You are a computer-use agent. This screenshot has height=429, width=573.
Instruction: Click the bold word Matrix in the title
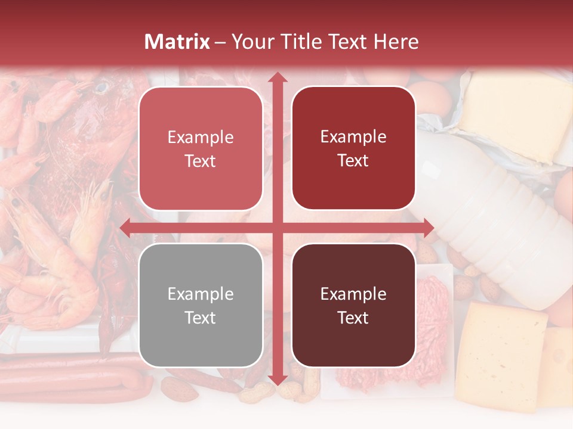pos(177,42)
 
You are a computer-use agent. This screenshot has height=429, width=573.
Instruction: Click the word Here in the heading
pos(396,42)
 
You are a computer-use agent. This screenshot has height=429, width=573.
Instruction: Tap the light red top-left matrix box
pos(201,148)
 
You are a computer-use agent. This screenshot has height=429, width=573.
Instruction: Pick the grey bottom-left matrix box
pos(201,305)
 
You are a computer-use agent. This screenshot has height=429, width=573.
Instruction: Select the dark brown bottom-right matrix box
pos(353,305)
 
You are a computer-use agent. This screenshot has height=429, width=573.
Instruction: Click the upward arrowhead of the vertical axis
pos(277,78)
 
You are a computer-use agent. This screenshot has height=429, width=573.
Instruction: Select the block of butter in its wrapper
pos(513,116)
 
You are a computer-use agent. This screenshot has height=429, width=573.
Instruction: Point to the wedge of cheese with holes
pos(501,352)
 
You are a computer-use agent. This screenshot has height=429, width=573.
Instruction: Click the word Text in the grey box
pos(201,318)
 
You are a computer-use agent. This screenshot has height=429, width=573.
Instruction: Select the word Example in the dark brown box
pos(353,294)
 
